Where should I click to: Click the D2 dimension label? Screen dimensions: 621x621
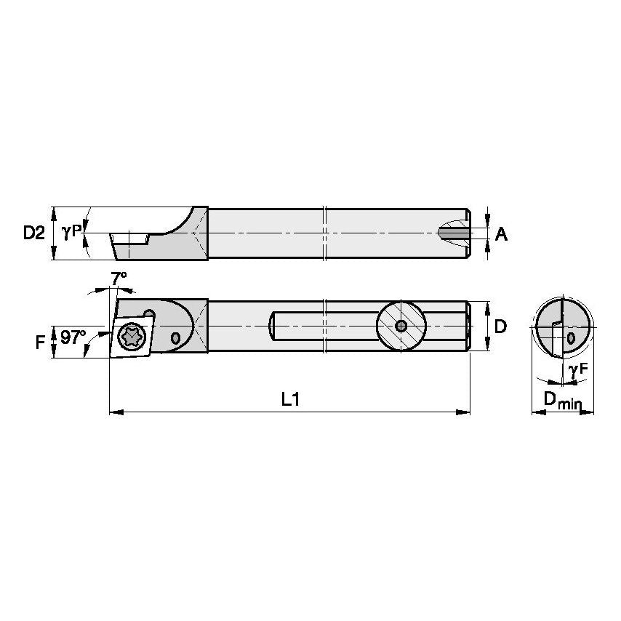click(x=33, y=233)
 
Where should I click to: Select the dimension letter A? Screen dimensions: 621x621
click(x=501, y=233)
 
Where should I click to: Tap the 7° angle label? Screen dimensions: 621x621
click(x=119, y=277)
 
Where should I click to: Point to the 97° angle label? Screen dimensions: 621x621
click(x=73, y=338)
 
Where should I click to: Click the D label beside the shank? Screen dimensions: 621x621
click(x=500, y=326)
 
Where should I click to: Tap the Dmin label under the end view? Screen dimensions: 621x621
click(x=563, y=399)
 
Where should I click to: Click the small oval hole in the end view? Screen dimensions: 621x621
click(x=571, y=339)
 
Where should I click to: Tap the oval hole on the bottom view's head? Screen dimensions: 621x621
click(x=175, y=338)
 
